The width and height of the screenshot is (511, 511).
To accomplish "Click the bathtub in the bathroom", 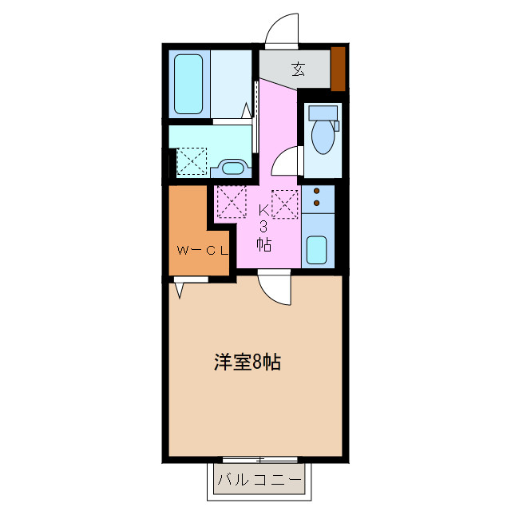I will click(189, 84).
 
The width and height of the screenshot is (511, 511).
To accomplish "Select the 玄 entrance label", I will click(298, 69).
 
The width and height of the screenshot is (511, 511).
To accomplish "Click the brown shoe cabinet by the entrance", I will click(338, 69).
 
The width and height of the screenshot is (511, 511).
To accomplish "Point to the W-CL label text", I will click(201, 251).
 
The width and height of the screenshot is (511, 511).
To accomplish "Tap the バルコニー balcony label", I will click(260, 482).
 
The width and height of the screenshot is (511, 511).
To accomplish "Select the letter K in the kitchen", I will click(264, 210).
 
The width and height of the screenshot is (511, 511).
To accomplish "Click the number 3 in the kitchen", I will click(264, 227).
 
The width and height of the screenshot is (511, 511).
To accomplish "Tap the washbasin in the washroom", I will click(232, 168).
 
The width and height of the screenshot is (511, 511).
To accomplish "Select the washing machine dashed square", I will click(191, 160).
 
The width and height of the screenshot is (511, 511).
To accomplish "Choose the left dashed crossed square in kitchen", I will click(231, 200).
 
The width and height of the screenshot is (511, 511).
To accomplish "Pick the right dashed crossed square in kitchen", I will click(285, 204).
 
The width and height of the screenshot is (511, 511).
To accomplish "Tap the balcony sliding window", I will click(260, 461).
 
